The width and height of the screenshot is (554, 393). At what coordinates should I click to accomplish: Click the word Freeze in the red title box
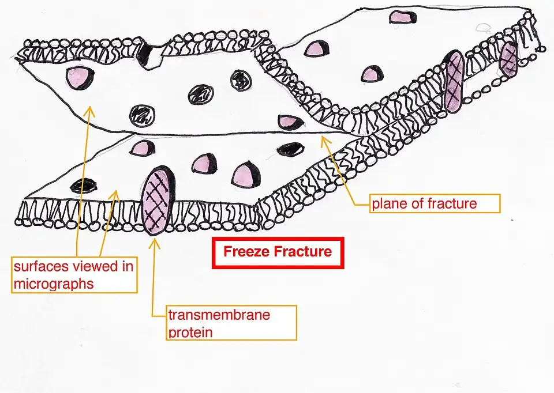pos(246,252)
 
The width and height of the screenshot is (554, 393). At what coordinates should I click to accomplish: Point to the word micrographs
pos(53,283)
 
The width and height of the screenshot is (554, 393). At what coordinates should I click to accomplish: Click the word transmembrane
pos(219,315)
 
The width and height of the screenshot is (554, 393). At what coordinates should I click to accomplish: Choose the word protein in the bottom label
pos(190,332)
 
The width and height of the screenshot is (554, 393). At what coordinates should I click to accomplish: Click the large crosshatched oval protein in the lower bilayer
pos(156,201)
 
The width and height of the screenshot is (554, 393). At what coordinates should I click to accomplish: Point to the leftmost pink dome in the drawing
pos(80,77)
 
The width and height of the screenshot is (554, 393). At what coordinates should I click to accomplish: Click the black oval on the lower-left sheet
pos(83,185)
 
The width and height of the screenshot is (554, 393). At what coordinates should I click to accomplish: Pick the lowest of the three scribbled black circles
pos(142,116)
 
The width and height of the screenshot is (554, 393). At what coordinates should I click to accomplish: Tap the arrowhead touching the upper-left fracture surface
pos(88,110)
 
